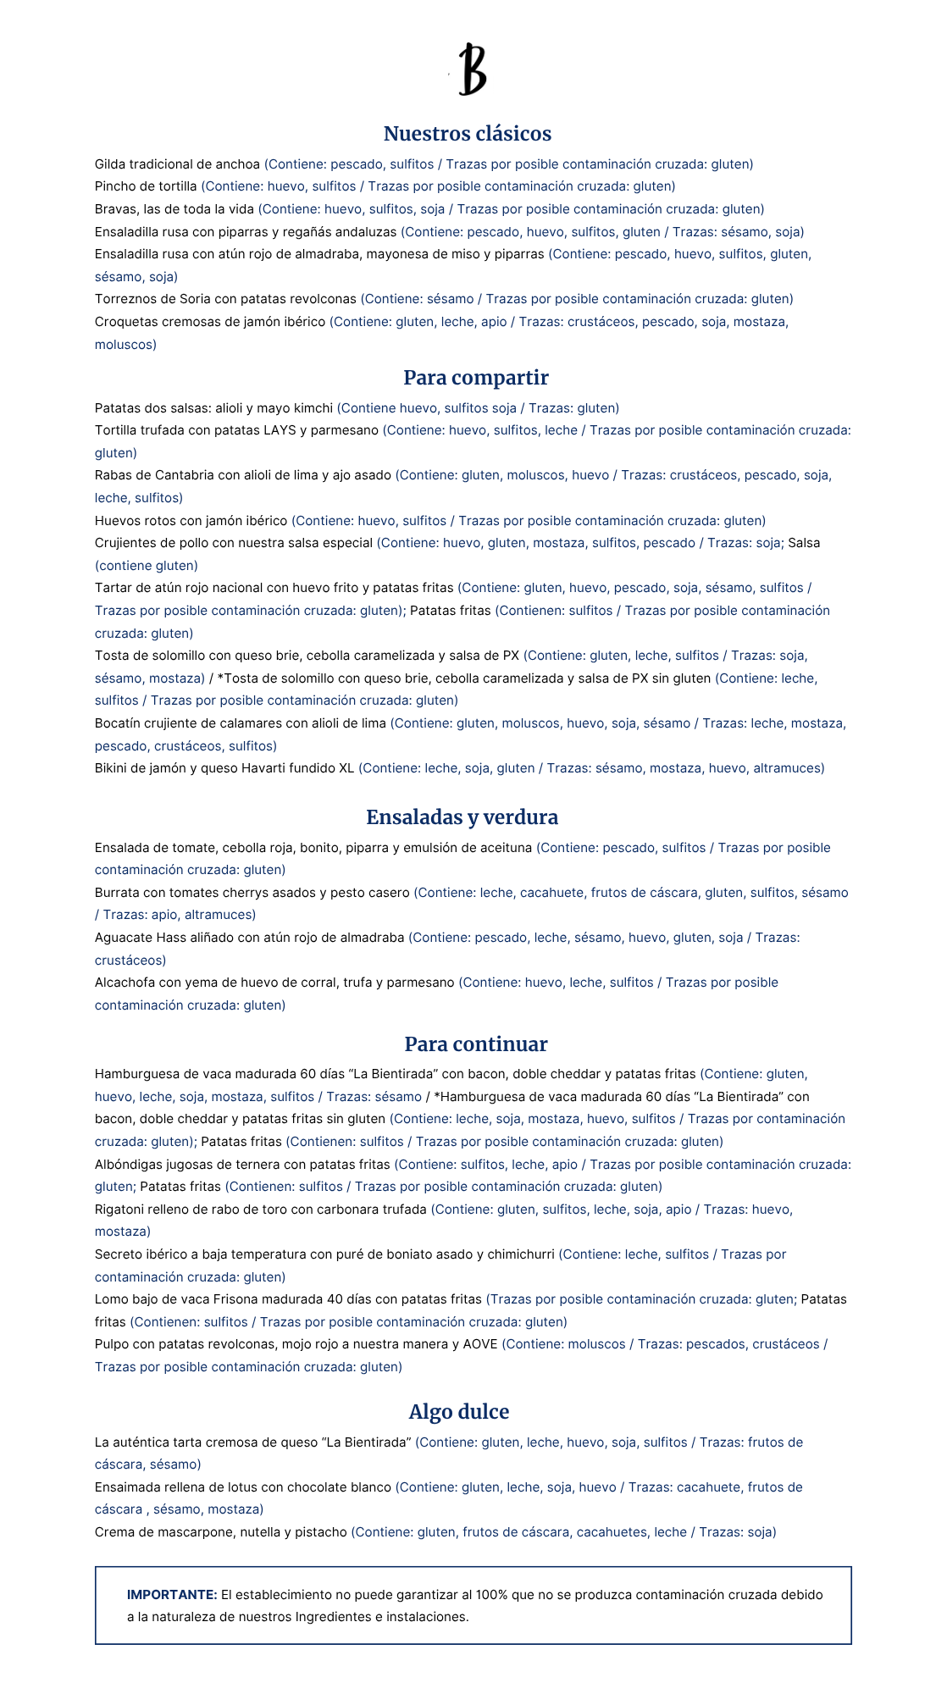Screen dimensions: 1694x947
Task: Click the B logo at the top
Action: coord(473,69)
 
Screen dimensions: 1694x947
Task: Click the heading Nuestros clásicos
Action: coord(467,134)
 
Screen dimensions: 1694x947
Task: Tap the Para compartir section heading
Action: coord(475,378)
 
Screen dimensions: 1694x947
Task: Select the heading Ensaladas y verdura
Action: coord(462,817)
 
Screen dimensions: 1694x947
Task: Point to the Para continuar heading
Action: coord(475,1044)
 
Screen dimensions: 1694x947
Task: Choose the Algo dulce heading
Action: coord(458,1412)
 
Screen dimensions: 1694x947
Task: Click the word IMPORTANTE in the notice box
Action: coord(172,1595)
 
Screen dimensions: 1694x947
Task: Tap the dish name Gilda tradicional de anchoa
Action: coord(177,164)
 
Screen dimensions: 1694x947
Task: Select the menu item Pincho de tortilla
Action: coord(146,186)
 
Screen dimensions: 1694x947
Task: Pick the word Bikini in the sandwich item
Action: coord(113,768)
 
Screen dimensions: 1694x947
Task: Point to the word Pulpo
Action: coord(111,1344)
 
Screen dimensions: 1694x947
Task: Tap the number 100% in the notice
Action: coord(491,1595)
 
